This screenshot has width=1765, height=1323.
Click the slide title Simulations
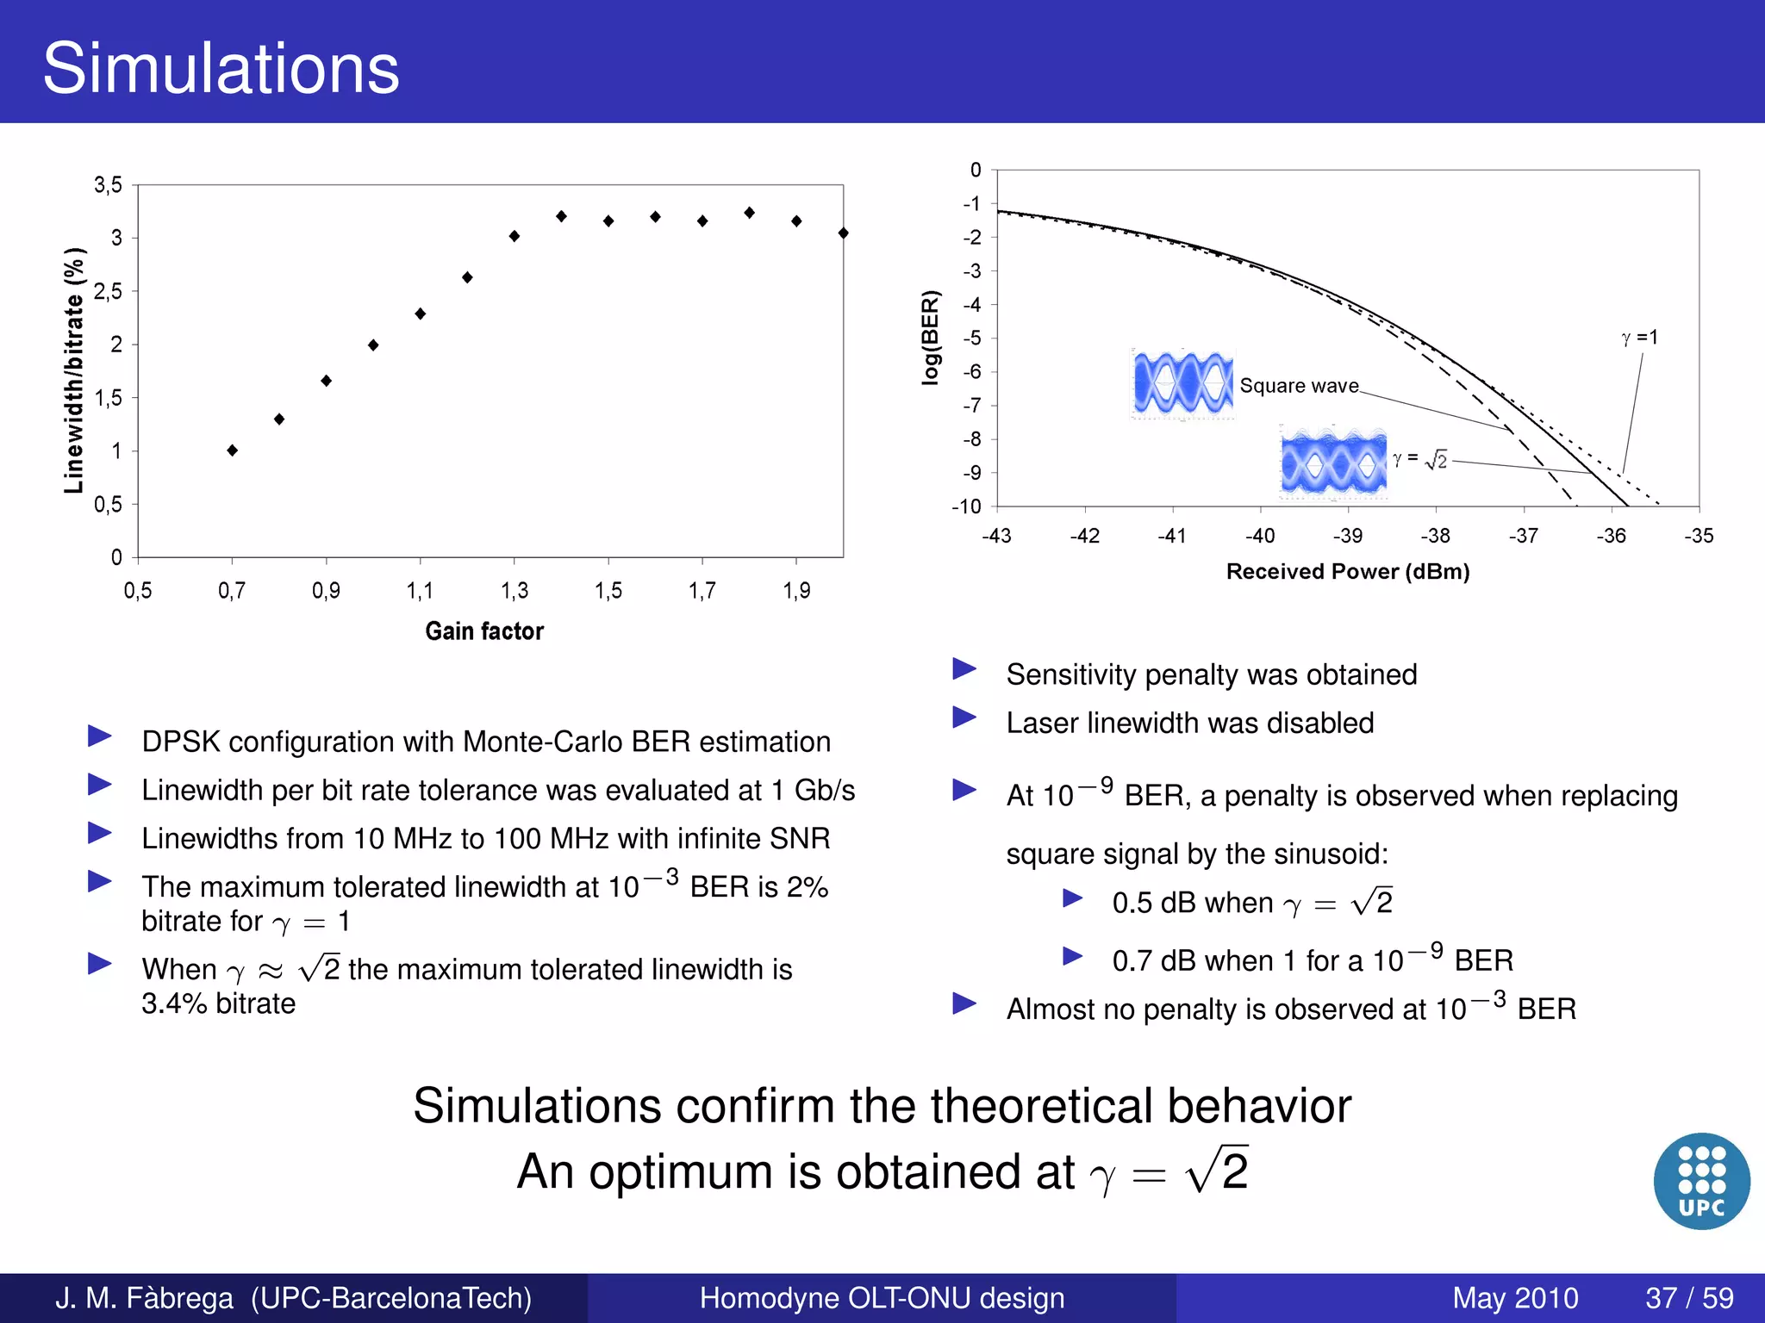[x=221, y=68]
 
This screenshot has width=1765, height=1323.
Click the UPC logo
[x=1701, y=1181]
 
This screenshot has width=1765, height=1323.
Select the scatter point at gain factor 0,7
[x=232, y=450]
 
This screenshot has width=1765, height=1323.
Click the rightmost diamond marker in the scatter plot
[x=843, y=233]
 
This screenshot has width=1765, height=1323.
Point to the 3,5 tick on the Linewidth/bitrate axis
[x=108, y=185]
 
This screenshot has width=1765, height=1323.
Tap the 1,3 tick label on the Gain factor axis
[x=515, y=591]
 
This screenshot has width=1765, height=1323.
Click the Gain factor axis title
[x=484, y=631]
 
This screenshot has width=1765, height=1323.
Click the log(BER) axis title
[x=930, y=337]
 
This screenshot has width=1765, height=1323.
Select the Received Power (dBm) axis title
[x=1347, y=572]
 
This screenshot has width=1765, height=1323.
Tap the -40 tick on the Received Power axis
[x=1259, y=536]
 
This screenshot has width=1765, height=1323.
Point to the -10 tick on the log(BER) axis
[x=967, y=506]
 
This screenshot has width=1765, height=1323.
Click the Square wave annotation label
[x=1298, y=386]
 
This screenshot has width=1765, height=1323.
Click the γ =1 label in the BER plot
[x=1638, y=338]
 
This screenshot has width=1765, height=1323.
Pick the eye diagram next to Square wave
[x=1182, y=383]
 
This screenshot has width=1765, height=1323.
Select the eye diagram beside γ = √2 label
[x=1333, y=463]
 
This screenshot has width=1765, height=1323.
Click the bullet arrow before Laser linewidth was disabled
[x=964, y=717]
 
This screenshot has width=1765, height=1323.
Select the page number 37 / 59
[x=1689, y=1298]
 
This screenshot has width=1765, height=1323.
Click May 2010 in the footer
[x=1514, y=1298]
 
